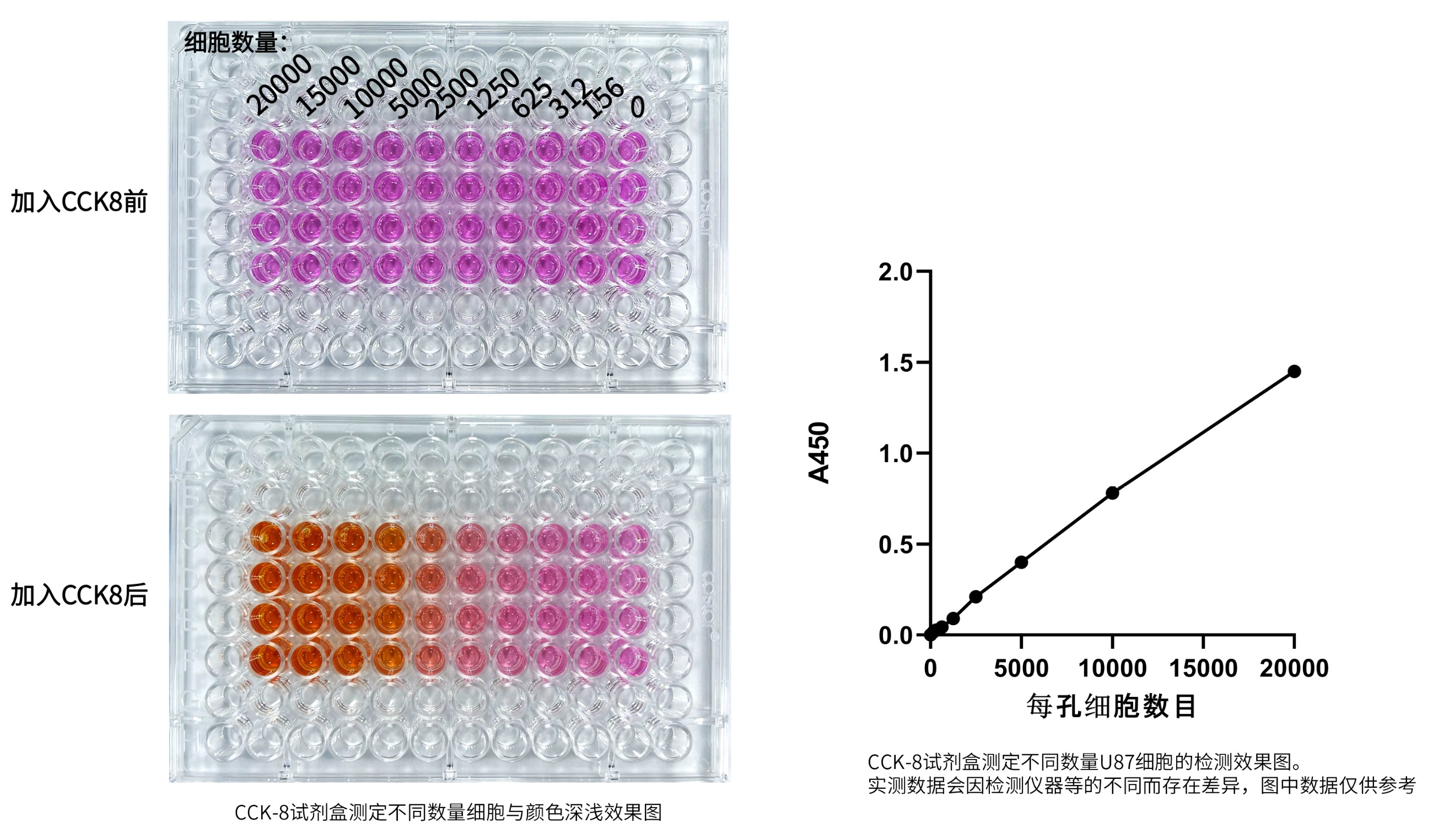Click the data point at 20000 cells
coord(1294,371)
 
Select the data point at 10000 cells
coord(1112,493)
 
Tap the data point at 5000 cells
coord(1021,562)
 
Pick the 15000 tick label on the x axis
coord(1203,669)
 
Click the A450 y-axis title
coord(820,453)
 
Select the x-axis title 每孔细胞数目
coord(1112,707)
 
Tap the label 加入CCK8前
coord(79,202)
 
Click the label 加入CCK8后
coord(79,595)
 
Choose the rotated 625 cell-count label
coord(532,96)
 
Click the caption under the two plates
coord(448,813)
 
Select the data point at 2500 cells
coord(976,597)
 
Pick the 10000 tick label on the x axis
coord(1112,669)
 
